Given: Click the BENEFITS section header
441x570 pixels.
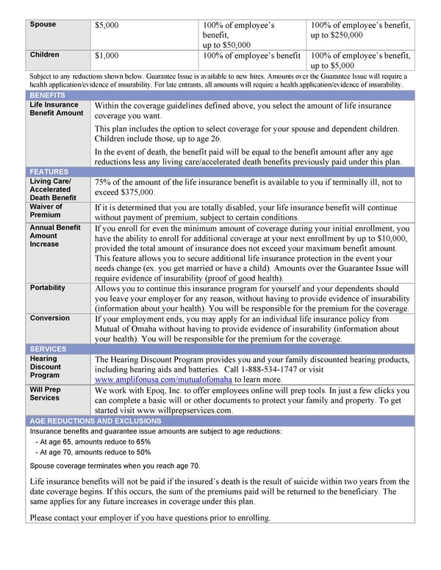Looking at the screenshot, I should click(48, 95).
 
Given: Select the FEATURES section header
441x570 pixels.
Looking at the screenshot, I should click(49, 172).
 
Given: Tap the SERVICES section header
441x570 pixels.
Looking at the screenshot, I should click(49, 349).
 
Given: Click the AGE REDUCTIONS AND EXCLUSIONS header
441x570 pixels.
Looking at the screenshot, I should click(95, 421).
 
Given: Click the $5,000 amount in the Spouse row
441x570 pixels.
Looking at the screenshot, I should click(107, 26).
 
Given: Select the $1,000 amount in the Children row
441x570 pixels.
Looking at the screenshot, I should click(107, 55).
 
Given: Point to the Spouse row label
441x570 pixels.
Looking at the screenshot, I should click(43, 25).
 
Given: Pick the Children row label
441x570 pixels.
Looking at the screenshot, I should click(45, 54).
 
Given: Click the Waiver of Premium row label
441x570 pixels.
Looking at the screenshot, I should click(46, 211).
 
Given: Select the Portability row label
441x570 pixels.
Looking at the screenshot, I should click(48, 288).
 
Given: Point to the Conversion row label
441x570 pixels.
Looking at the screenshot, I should click(50, 318).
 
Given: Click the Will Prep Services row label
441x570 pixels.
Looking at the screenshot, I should click(45, 393).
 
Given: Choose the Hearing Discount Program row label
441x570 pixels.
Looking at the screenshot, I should click(46, 367).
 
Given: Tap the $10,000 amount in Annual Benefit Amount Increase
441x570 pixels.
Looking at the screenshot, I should click(390, 239).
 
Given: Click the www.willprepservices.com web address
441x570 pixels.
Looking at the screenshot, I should click(184, 411).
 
